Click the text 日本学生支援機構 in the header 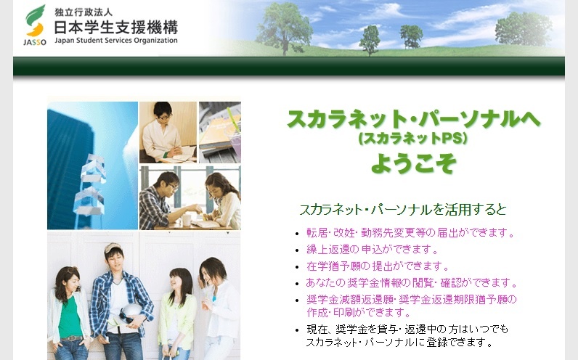coord(115,28)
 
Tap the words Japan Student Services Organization coord(115,41)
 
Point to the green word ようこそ coord(413,163)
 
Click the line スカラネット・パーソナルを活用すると coord(403,210)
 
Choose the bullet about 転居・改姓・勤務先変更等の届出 coord(410,233)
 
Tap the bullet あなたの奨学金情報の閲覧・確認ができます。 coord(412,283)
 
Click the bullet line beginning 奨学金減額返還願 coord(412,300)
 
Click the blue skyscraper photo coord(92,165)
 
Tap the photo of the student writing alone coord(168,132)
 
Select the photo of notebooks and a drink coord(219,132)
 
